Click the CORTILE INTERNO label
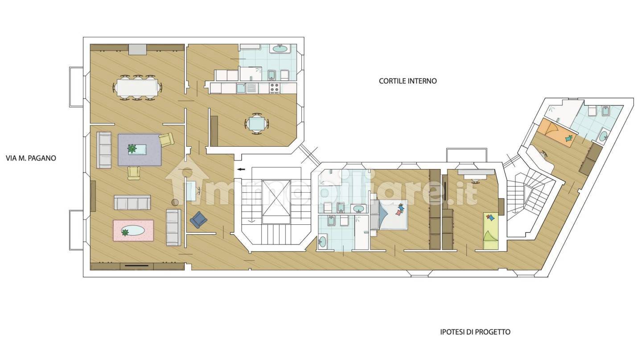coord(408,81)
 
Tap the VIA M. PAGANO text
coord(31,158)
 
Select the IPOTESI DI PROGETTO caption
coord(475,332)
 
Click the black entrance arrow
coord(241,169)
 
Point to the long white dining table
coord(137,87)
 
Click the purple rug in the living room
coord(140,150)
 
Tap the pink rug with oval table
coord(133,231)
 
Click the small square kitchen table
coord(257,124)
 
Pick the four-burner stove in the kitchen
coord(275,88)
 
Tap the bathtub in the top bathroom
coord(280,49)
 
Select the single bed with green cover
coord(491,231)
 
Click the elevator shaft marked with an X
coord(276,202)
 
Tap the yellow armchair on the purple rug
coord(167,140)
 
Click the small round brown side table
coord(175,202)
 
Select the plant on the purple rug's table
coord(132,149)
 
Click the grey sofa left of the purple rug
coord(104,150)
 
